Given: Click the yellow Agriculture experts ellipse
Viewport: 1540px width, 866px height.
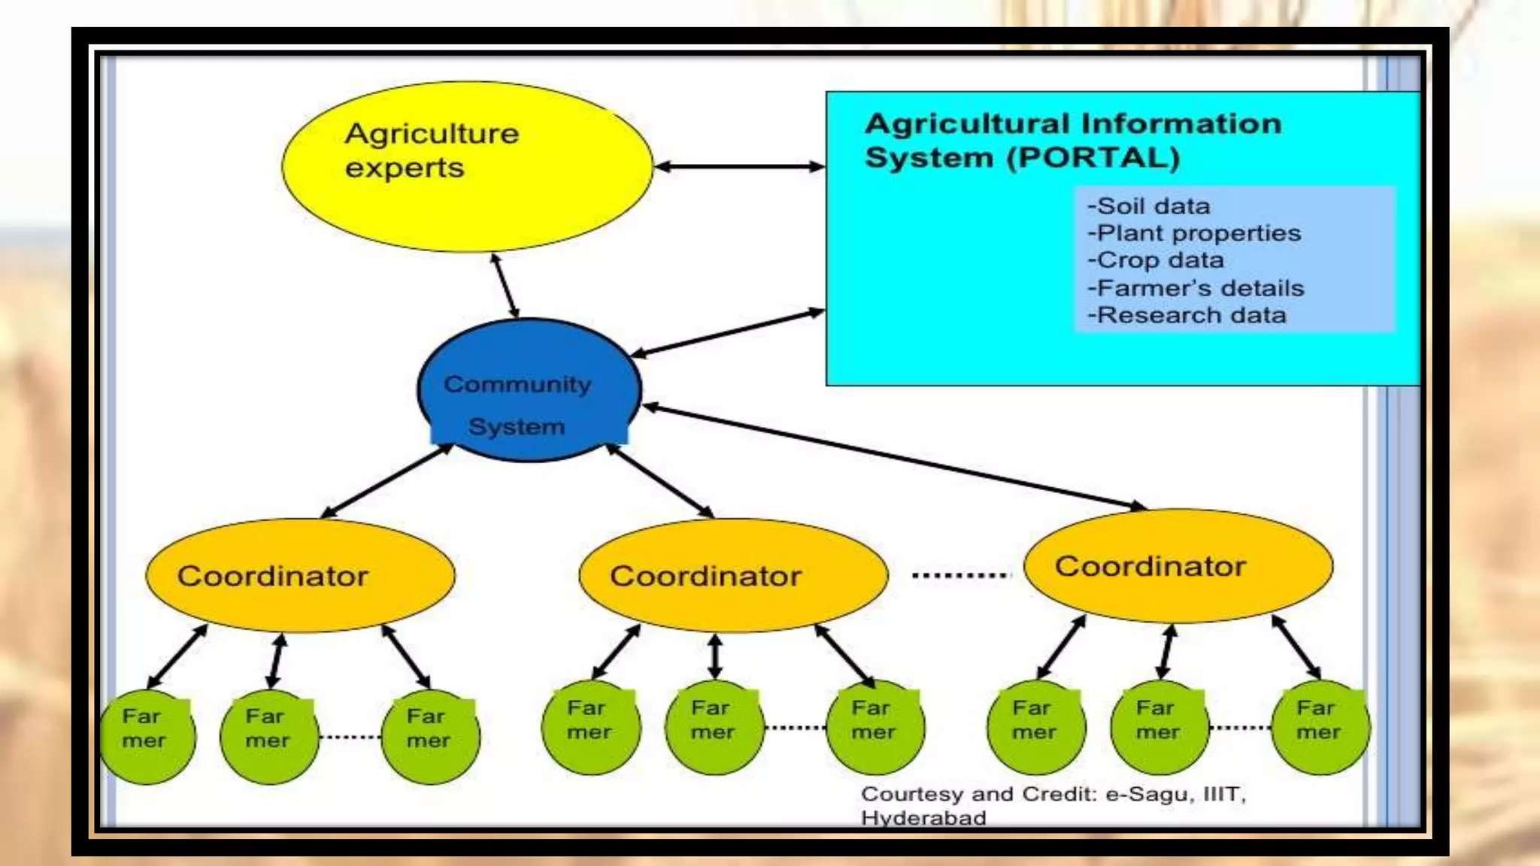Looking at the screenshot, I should click(466, 167).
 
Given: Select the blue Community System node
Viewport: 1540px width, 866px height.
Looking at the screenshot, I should click(529, 389).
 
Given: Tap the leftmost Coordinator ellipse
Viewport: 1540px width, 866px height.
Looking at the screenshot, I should click(299, 575).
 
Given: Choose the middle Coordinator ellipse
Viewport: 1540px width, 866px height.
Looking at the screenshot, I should click(732, 575).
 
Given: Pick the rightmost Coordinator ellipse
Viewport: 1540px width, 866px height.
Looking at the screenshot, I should click(1178, 565).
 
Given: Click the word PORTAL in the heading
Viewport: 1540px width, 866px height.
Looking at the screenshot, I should click(1093, 158).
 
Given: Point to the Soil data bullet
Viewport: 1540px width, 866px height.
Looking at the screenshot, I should click(1149, 206).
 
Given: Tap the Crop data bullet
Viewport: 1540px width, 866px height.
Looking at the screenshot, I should click(1156, 260).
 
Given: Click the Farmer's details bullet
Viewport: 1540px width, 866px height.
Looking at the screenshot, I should click(1196, 288).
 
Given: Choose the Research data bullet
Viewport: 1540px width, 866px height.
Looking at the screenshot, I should click(1187, 315).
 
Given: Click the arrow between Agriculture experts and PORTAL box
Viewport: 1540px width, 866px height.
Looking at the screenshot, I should click(739, 167).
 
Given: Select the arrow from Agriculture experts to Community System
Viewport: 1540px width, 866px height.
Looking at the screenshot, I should click(505, 286).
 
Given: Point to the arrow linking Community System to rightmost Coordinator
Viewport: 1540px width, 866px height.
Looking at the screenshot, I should click(895, 457).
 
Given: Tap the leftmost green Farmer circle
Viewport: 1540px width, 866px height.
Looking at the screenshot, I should click(147, 737).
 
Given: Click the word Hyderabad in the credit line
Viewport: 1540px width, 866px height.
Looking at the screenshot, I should click(923, 818).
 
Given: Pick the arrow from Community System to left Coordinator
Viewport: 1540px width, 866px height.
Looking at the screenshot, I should click(387, 481).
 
